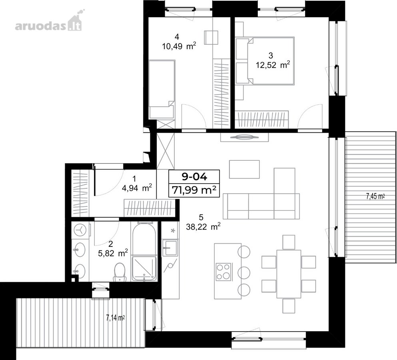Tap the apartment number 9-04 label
point(194,177)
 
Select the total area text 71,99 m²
point(194,190)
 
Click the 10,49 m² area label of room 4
point(179,46)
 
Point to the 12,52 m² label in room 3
point(273,65)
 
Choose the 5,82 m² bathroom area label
point(113,253)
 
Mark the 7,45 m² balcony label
point(376,196)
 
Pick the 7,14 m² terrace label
point(116,318)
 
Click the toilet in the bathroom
point(120,272)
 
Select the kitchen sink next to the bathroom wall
point(170,248)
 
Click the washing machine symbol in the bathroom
point(80,230)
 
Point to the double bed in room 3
point(265,60)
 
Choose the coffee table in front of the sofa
point(244,169)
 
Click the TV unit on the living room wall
point(244,137)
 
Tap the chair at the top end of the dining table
point(289,242)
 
